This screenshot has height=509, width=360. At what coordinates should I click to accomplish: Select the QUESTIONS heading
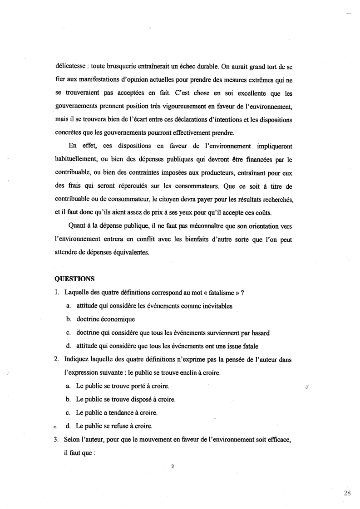click(x=74, y=280)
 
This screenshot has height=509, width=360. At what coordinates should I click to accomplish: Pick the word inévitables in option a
click(x=216, y=306)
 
